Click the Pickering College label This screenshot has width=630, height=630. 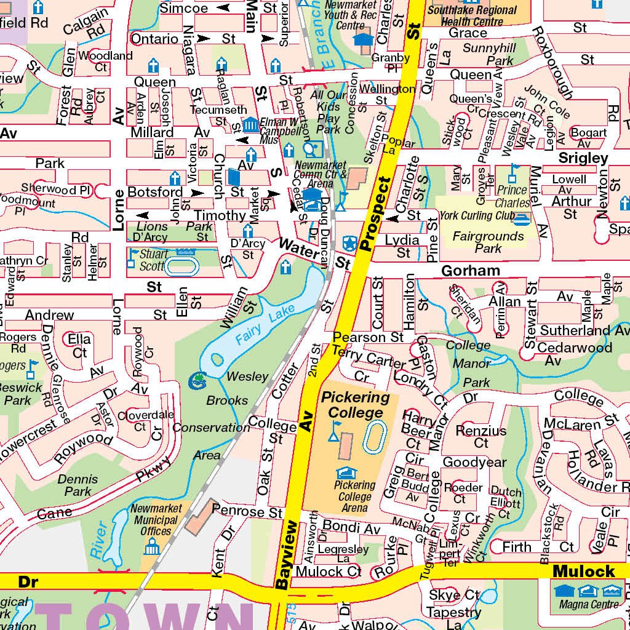pos(356,405)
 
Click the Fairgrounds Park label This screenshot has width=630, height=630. pos(488,242)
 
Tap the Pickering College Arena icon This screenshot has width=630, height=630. pos(346,472)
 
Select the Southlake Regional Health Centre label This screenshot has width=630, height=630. pos(472,15)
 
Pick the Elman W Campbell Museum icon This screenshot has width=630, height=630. pos(250,125)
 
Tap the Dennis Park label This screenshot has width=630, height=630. pos(78,485)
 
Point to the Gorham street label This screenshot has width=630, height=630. pos(471,271)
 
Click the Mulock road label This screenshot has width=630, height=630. pos(583,572)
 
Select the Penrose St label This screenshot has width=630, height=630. pos(247,511)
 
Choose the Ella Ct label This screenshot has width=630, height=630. pos(80,345)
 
